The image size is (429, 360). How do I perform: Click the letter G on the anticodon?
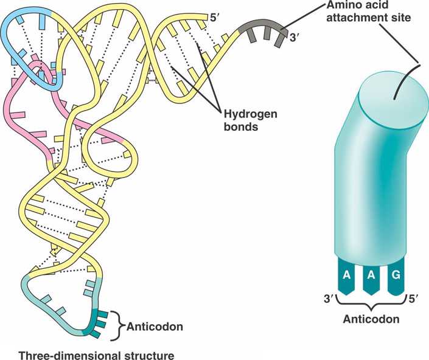pyautogui.click(x=396, y=274)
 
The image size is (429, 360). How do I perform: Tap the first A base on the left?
pyautogui.click(x=346, y=274)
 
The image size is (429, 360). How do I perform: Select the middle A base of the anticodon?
pyautogui.click(x=371, y=274)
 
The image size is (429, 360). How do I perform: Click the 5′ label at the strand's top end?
pyautogui.click(x=214, y=16)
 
